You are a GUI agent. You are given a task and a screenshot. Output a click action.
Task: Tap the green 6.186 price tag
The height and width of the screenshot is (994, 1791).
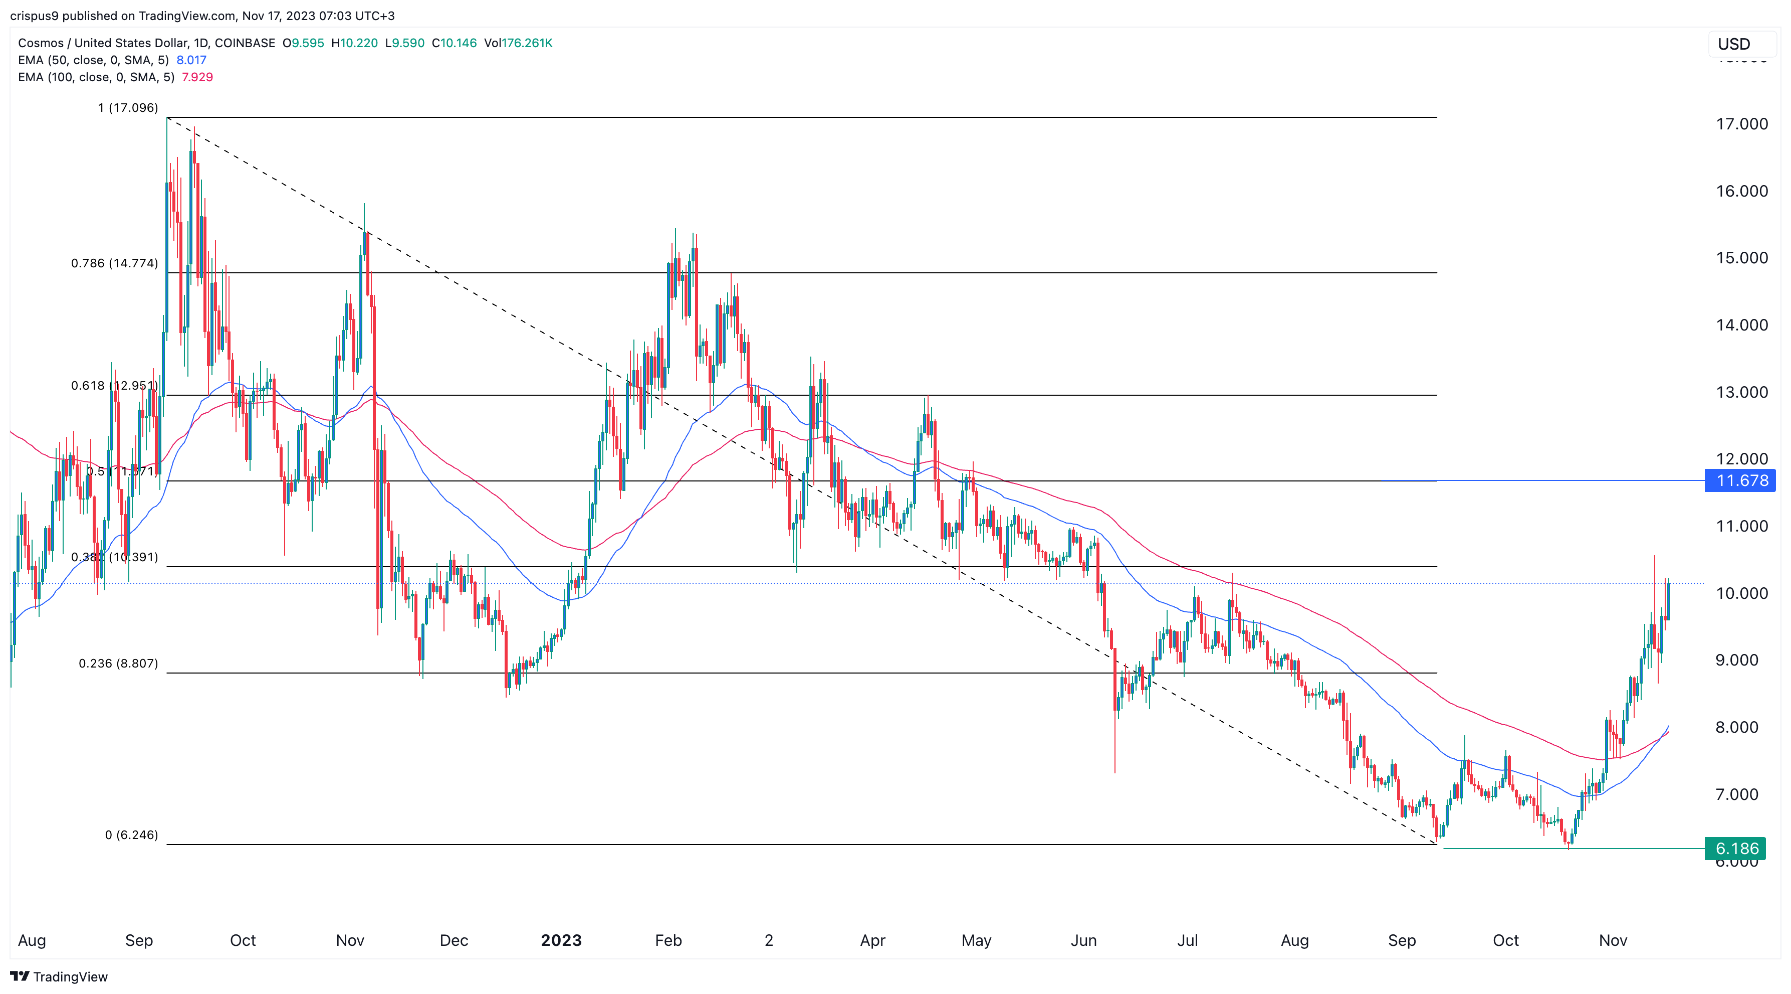coord(1736,849)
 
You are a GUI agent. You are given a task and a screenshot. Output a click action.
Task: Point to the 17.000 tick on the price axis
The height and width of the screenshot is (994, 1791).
coord(1741,124)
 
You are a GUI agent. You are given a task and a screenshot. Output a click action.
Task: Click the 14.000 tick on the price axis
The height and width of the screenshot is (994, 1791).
coord(1741,325)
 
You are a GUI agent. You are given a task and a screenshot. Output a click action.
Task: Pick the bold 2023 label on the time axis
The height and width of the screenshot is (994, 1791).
coord(561,940)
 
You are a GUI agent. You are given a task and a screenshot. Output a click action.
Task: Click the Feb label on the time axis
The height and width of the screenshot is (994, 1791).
coord(668,940)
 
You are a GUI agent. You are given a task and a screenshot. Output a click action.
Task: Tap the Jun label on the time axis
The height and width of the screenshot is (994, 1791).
coord(1083,940)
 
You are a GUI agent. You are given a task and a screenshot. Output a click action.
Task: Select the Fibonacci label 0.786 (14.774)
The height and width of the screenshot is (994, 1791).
coord(115,264)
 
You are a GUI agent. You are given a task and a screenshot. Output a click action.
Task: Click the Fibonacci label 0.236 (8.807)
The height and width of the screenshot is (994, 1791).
coord(118,664)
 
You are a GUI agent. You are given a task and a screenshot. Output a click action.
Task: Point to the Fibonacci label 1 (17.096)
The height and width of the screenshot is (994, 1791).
coord(128,108)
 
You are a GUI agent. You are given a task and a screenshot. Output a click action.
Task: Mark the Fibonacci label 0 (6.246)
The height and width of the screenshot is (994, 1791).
coord(131,835)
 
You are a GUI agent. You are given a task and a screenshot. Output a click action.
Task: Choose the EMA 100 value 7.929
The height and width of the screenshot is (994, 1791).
coord(197,77)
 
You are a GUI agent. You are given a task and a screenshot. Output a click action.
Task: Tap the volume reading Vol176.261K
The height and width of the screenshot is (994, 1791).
coord(518,43)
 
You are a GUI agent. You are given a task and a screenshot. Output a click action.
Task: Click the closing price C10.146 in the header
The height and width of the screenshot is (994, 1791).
coord(454,43)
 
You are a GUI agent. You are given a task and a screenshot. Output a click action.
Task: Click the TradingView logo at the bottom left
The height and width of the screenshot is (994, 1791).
coord(59,976)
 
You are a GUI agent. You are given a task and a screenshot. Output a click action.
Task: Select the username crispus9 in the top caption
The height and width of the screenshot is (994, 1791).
coord(34,16)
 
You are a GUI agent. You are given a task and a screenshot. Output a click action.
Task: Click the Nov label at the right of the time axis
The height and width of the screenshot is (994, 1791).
coord(1612,940)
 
